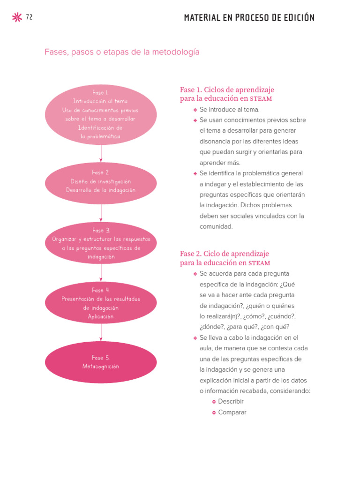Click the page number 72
[x=29, y=17]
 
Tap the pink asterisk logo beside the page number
[x=16, y=18]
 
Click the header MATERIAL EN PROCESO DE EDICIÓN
[x=249, y=18]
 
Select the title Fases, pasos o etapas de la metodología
[x=122, y=52]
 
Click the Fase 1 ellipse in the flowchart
[x=101, y=115]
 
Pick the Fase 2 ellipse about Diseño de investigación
[x=101, y=182]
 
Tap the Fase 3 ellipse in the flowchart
[x=101, y=243]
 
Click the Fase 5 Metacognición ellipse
[x=101, y=362]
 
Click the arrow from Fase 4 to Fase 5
[x=101, y=333]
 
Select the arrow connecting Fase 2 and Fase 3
[x=101, y=213]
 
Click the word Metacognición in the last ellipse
[x=101, y=367]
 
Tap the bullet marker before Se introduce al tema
[x=195, y=110]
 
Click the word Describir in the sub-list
[x=231, y=402]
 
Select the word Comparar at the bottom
[x=232, y=412]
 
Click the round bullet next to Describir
[x=214, y=402]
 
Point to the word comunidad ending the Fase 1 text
[x=216, y=226]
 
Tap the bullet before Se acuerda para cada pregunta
[x=195, y=274]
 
